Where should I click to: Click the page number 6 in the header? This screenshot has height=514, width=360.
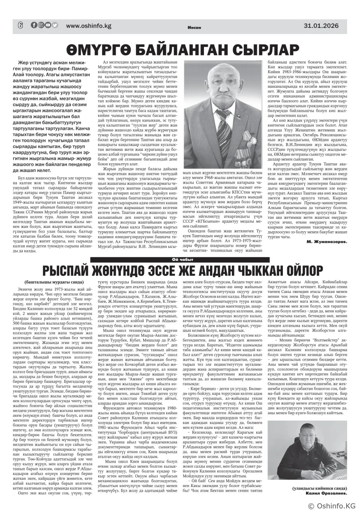20,25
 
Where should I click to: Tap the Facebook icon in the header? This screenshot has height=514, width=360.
34,25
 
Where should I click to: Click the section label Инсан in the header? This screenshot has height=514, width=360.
192,27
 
